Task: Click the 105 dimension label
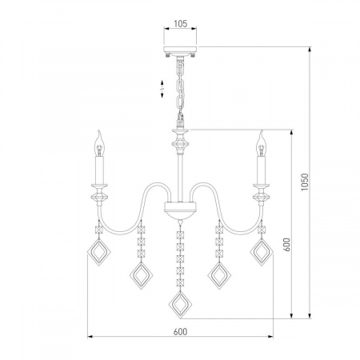181,24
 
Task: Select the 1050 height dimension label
305,182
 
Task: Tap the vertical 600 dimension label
286,244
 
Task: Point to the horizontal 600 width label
180,332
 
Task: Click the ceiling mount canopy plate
180,50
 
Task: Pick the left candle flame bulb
99,143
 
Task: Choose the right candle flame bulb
261,143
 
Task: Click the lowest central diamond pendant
181,305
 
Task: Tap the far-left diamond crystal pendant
99,252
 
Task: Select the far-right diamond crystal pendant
262,252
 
